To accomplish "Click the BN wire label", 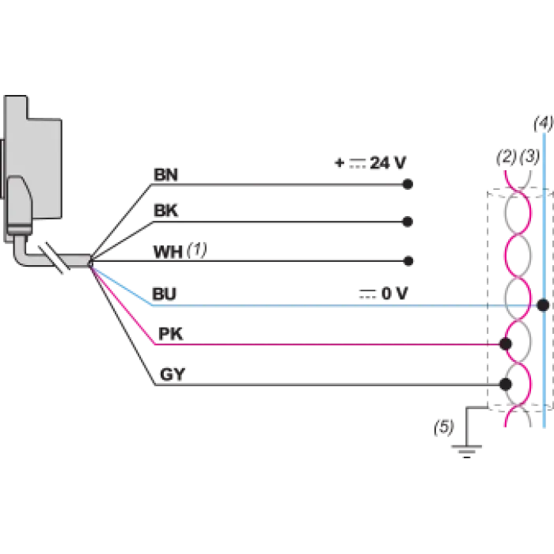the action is point(165,175).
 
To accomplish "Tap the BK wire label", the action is point(165,211).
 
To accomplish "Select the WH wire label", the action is point(168,252).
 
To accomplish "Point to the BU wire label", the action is point(164,294).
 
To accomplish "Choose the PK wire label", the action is point(171,334).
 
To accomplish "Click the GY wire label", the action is point(173,374).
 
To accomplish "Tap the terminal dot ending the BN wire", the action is point(408,184).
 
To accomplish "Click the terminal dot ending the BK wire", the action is point(408,222).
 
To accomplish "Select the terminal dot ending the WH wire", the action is point(408,261).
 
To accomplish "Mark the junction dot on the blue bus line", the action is point(543,305).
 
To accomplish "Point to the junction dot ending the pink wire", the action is point(506,343).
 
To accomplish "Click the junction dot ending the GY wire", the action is point(506,384).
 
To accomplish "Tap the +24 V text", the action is point(370,163).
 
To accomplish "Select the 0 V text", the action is point(383,294).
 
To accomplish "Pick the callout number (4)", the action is point(544,123).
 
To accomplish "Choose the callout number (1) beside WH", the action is point(197,250).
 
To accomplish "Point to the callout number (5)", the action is point(444,427).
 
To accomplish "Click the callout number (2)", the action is point(507,157).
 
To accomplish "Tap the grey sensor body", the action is point(33,169).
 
